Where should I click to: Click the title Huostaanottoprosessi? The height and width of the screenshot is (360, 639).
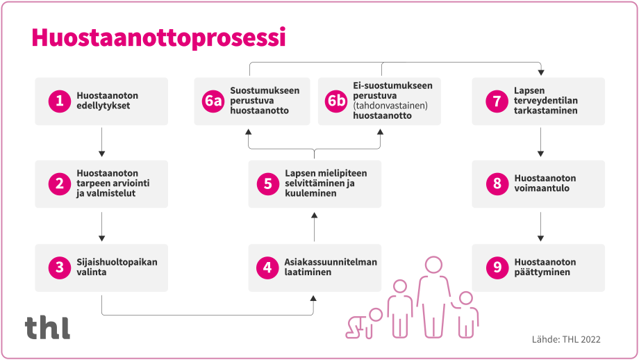coord(158,38)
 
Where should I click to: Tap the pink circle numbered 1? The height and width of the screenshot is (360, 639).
coord(59,101)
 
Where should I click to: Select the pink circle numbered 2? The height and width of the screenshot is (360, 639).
coord(59,184)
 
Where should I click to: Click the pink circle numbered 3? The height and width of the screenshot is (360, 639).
coord(59,268)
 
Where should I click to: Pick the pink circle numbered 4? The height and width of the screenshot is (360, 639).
coord(267,268)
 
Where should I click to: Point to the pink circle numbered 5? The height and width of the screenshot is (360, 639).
coord(267,184)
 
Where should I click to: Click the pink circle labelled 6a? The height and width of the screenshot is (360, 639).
coord(213,101)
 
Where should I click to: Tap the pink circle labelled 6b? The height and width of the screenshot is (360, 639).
coord(336,101)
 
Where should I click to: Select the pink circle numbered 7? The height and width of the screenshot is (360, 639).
coord(496,101)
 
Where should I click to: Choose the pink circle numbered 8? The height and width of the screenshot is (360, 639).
coord(496,184)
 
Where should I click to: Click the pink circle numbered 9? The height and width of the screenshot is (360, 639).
coord(496,268)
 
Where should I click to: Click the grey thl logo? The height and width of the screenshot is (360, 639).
coord(47,327)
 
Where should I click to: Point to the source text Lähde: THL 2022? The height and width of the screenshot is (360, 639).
coord(565,339)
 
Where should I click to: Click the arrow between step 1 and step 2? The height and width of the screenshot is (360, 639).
coord(102,142)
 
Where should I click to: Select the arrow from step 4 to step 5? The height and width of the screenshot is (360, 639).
coord(314,226)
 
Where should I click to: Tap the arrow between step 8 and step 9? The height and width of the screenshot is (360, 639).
coord(540,226)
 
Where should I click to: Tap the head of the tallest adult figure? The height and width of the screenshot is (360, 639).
coord(434,265)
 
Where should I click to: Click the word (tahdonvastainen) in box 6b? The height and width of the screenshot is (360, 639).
coord(390,106)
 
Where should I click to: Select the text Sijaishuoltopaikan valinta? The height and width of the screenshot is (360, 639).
coord(117,268)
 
